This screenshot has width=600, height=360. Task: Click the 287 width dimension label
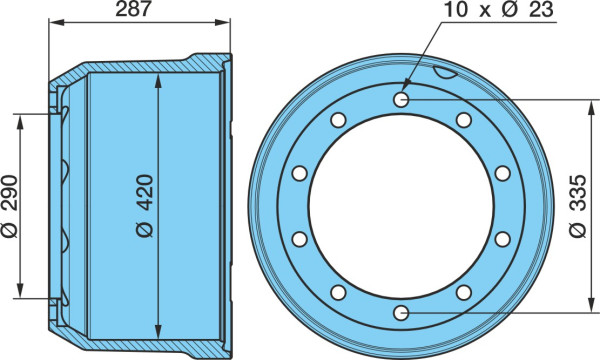click(x=134, y=9)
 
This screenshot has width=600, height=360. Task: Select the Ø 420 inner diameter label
click(x=145, y=206)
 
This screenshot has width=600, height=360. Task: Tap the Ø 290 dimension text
click(x=10, y=206)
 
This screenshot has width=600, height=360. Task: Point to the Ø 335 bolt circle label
click(x=577, y=206)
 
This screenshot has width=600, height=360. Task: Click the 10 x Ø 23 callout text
click(x=499, y=9)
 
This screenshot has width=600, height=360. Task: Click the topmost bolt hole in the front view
click(x=401, y=100)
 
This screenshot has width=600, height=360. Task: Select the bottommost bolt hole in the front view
click(x=401, y=313)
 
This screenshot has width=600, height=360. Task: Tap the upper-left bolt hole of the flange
click(x=338, y=120)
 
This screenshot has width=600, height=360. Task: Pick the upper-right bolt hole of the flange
click(x=464, y=120)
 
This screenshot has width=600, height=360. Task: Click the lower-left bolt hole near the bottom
click(x=338, y=293)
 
